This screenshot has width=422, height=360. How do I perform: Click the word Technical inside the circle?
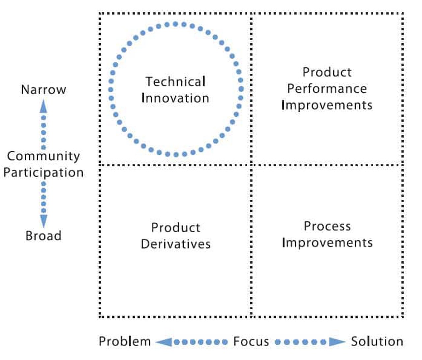coord(175,82)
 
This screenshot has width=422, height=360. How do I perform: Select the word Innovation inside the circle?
coord(175,98)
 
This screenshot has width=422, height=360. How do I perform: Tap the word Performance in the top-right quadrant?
coord(327,89)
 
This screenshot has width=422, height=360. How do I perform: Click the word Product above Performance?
coord(327,72)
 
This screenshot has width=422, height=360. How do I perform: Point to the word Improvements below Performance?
coord(327,105)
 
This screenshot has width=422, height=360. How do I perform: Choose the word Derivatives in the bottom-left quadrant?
coord(175,244)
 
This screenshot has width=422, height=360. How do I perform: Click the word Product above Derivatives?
coord(175,228)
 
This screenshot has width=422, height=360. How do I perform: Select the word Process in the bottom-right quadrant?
coord(327,226)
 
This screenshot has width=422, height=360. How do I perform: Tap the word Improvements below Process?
coord(327,243)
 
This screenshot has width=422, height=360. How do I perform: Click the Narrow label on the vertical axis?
coord(43,90)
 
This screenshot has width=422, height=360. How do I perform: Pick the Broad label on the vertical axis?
coord(43,236)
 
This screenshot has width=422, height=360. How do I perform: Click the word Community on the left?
coord(43,156)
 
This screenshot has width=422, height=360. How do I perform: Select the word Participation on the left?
coord(43,173)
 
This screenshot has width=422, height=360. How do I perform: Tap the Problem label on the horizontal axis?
coord(125,342)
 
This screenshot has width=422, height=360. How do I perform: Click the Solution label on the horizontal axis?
coord(377,342)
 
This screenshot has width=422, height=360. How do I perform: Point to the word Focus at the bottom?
coord(251,342)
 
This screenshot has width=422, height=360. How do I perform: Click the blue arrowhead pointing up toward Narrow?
coord(43,107)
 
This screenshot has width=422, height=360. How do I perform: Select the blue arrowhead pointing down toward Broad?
coord(44,220)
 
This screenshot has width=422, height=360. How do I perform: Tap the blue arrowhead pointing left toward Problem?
coord(164,342)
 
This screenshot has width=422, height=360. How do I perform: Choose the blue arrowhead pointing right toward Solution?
coord(336,342)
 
